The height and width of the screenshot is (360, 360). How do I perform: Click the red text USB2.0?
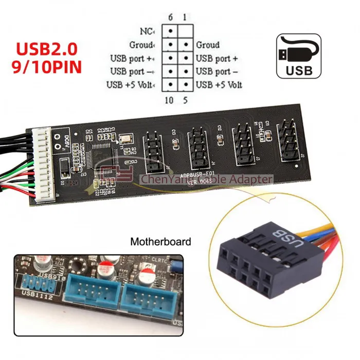pos(47,49)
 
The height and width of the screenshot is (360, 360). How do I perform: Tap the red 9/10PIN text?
pos(47,67)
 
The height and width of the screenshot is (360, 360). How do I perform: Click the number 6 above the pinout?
pos(171,17)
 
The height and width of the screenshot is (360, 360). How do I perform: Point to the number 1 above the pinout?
pos(184,17)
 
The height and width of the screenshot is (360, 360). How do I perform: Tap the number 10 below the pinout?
pos(170,100)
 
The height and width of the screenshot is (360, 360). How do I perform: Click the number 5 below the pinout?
pos(184,100)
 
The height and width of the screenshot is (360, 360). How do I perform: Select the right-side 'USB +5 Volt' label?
pos(219,85)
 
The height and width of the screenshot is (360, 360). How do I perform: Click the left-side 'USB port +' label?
pos(133,58)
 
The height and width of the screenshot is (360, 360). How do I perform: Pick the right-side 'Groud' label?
pos(207,45)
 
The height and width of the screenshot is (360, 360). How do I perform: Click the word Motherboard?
pos(160,241)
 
